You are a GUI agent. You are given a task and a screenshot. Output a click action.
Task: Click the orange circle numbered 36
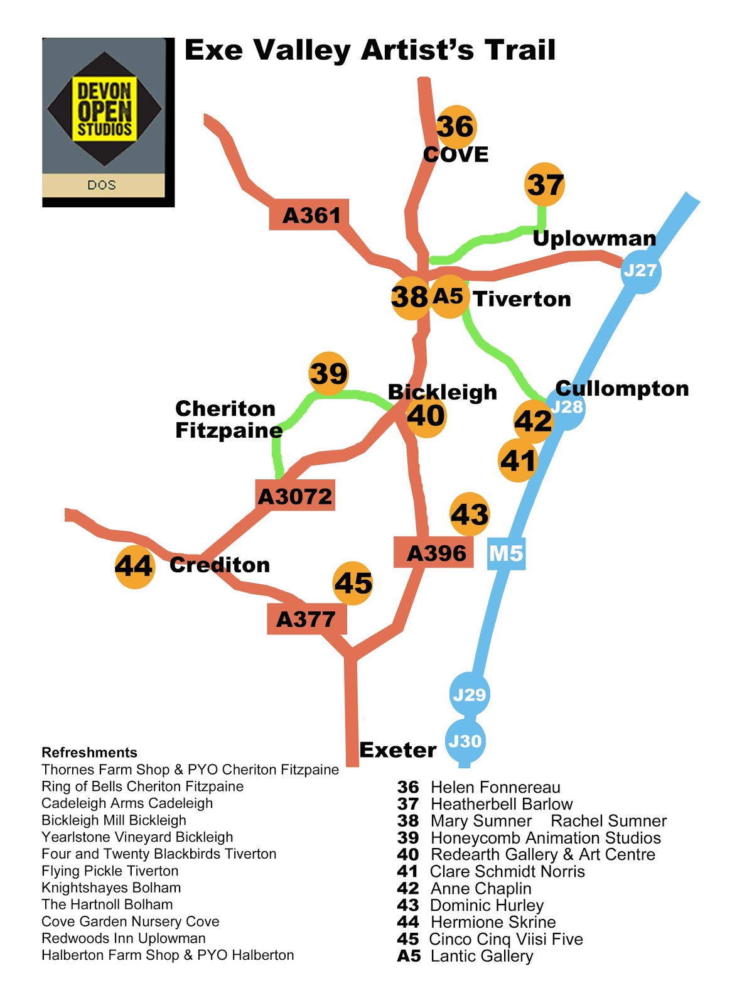[x=456, y=126]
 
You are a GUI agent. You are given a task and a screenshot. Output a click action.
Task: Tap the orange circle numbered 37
[x=544, y=184]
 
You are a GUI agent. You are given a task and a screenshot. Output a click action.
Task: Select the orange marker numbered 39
[x=328, y=373]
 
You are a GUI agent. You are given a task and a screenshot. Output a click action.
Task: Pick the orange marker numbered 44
[x=135, y=567]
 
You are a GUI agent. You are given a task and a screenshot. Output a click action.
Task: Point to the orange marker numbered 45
[x=353, y=583]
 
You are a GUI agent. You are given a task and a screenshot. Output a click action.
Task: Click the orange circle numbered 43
[x=470, y=514]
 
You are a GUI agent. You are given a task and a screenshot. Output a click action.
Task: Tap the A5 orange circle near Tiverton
[x=449, y=296]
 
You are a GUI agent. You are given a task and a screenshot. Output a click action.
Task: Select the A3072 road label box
[x=295, y=496]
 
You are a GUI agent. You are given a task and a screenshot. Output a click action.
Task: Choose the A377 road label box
[x=306, y=619]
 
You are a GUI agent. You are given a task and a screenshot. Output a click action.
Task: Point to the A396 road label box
[x=434, y=553]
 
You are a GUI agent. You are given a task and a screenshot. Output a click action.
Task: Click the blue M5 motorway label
[x=506, y=553]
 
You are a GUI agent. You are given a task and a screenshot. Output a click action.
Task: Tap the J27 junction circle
[x=640, y=271]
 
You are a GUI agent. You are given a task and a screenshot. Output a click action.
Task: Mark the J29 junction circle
[x=470, y=695]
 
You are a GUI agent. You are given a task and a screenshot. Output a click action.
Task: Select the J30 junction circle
[x=465, y=741]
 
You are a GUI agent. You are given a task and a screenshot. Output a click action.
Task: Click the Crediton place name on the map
[x=220, y=565]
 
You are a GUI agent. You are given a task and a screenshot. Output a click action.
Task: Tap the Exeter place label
[x=397, y=749]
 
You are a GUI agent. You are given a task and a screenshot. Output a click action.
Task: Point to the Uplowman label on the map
[x=594, y=238]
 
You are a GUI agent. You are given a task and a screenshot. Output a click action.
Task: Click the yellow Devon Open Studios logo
[x=105, y=109]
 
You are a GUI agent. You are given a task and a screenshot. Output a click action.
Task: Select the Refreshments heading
[x=89, y=752]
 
